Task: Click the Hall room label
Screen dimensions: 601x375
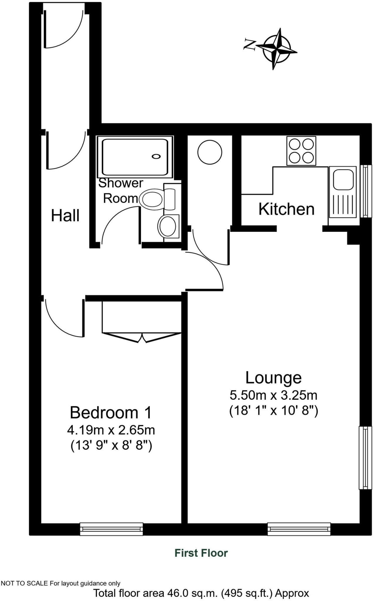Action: pos(65,216)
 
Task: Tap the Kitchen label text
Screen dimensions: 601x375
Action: pos(286,209)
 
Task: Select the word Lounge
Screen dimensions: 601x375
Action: pos(273,378)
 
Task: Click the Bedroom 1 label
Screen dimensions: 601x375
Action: pos(111,413)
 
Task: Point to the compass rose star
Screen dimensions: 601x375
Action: pos(277,49)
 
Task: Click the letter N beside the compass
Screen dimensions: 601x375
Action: pos(250,44)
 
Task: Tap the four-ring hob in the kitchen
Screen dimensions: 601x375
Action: pos(301,151)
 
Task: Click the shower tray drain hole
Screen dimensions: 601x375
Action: pos(156,156)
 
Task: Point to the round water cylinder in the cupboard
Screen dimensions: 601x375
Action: pos(210,153)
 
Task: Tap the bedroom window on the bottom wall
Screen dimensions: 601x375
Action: pos(111,529)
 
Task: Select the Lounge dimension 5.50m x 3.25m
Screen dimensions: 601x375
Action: pos(273,395)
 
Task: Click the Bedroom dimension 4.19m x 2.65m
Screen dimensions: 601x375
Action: pos(111,430)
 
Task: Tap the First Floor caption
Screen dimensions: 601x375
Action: pos(201,553)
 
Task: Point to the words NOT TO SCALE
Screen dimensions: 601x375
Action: pos(24,583)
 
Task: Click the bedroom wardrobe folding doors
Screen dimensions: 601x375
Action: pos(142,337)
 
